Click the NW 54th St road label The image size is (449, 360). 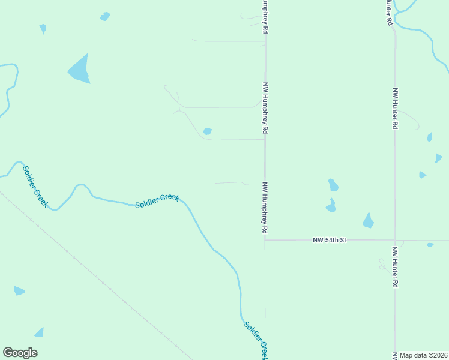point(330,240)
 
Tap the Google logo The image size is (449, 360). point(20,353)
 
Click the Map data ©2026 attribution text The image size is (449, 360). point(424,355)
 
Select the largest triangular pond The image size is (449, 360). point(79,70)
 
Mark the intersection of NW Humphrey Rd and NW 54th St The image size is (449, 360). point(265,239)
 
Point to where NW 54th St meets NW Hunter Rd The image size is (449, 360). point(394,240)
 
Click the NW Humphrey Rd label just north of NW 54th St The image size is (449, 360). point(265,208)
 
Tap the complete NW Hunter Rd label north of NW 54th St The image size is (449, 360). point(395,109)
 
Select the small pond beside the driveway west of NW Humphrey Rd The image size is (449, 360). point(208,131)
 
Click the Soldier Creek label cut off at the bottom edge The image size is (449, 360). point(256,340)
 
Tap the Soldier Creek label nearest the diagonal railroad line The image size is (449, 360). point(35,186)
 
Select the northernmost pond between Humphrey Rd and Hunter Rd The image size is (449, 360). point(333,185)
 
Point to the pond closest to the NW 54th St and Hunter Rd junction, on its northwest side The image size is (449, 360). point(368,221)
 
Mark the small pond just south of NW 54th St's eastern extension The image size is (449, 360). point(430,245)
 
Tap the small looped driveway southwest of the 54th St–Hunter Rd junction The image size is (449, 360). point(382,264)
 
